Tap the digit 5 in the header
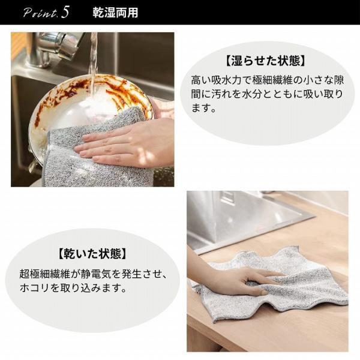click(64, 12)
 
